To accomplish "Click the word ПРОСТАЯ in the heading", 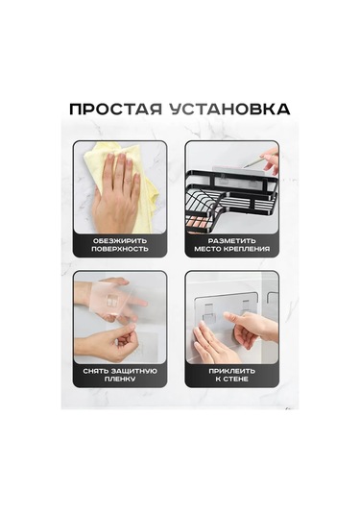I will (x=113, y=108).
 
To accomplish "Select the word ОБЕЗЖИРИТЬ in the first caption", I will (x=121, y=238).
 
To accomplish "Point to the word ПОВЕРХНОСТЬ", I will (x=121, y=249).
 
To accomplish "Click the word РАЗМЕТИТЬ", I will (x=231, y=238).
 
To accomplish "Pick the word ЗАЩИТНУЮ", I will (x=136, y=370).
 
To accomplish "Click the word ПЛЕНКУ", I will (x=121, y=380).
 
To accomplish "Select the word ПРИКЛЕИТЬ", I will (x=231, y=370).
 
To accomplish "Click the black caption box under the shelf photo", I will (x=231, y=244).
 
